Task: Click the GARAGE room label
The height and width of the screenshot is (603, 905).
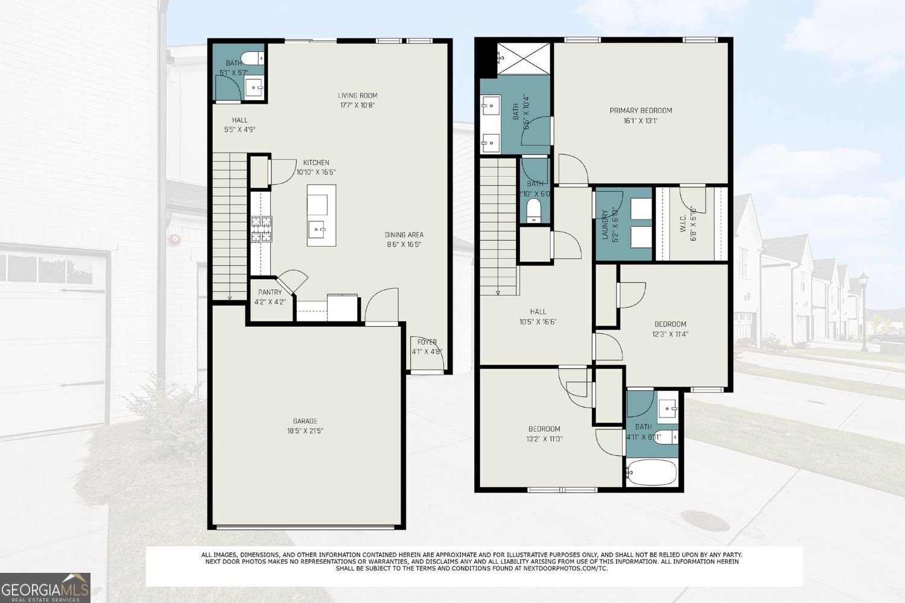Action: (x=305, y=421)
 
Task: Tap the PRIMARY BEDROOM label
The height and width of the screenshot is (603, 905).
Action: (x=640, y=110)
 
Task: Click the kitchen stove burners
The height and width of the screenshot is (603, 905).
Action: (x=261, y=230)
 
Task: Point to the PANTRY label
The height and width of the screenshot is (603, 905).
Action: (x=270, y=292)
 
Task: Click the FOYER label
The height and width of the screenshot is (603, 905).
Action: (x=427, y=342)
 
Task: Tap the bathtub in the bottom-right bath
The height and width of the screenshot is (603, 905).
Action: (x=652, y=472)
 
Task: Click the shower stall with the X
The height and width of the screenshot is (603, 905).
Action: (x=522, y=58)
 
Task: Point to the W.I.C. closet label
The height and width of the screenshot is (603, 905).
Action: (x=683, y=224)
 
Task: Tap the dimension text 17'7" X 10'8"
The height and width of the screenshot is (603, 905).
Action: (x=357, y=105)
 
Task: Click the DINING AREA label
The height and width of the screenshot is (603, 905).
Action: (x=404, y=235)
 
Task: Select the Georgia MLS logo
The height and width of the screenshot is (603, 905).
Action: (x=45, y=588)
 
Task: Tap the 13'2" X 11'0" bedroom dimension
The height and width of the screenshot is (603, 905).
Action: (x=544, y=439)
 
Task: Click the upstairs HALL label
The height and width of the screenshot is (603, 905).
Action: (x=538, y=312)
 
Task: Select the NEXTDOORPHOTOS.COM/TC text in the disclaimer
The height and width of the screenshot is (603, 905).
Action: (x=565, y=568)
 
